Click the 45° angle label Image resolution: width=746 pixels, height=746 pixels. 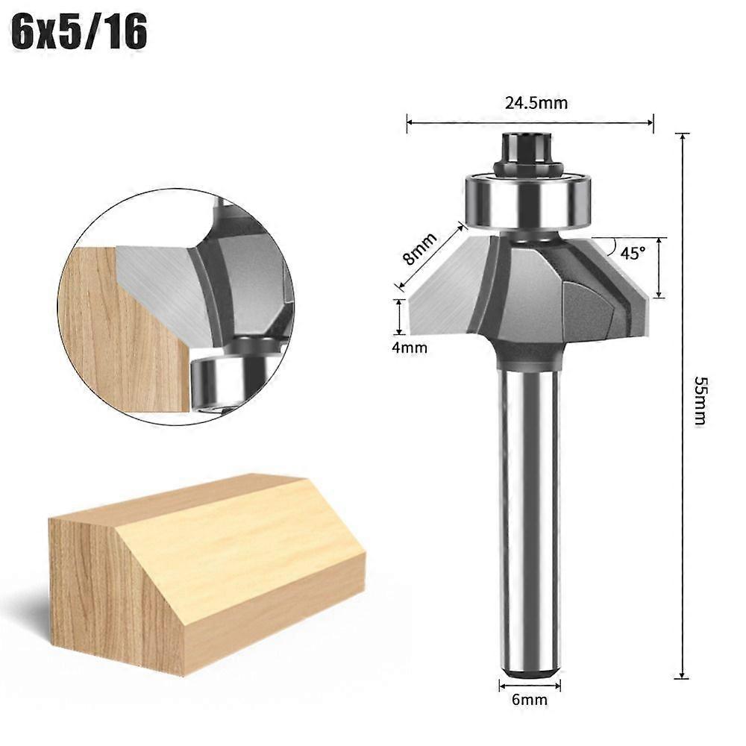click(632, 253)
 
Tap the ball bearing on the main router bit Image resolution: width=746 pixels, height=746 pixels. click(530, 198)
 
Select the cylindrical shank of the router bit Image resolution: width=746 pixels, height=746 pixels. click(530, 515)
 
